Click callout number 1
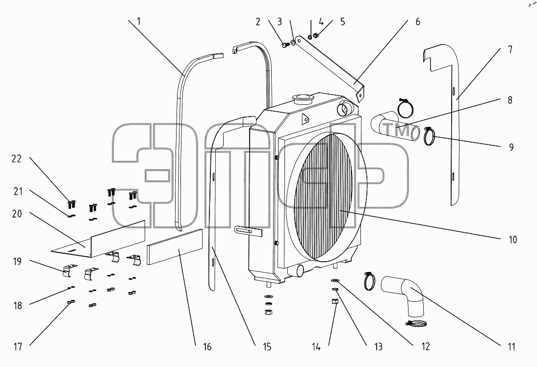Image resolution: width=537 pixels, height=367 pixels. (139, 22)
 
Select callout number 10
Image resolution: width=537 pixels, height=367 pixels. (512, 240)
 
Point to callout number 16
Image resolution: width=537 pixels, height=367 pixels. (207, 347)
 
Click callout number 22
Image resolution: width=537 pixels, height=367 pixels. (17, 159)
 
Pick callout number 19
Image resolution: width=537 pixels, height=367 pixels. (17, 262)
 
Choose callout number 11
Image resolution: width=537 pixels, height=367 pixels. (511, 347)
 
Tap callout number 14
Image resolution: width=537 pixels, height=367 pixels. (316, 347)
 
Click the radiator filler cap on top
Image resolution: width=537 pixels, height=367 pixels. (302, 99)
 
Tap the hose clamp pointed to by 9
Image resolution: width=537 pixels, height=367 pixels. (430, 136)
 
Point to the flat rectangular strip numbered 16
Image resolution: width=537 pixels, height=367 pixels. (175, 247)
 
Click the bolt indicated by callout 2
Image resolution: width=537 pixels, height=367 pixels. (285, 45)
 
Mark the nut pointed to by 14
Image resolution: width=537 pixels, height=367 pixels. (335, 301)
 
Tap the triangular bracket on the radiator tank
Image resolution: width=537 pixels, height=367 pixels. (304, 119)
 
